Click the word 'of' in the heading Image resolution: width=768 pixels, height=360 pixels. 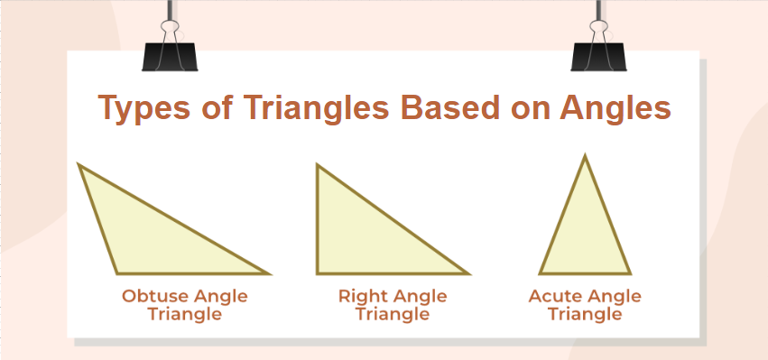[x=216, y=106]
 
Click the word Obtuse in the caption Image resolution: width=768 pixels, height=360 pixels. [x=156, y=296]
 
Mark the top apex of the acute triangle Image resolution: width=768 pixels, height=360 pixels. [x=585, y=155]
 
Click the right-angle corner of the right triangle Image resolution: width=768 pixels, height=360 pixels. [x=318, y=272]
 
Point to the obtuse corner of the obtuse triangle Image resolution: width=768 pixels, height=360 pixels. [x=117, y=272]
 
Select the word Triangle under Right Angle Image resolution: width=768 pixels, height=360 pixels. [x=393, y=315]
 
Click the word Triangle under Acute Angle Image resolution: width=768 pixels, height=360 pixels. [x=585, y=315]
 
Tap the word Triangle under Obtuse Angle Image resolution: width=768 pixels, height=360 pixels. [x=185, y=315]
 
